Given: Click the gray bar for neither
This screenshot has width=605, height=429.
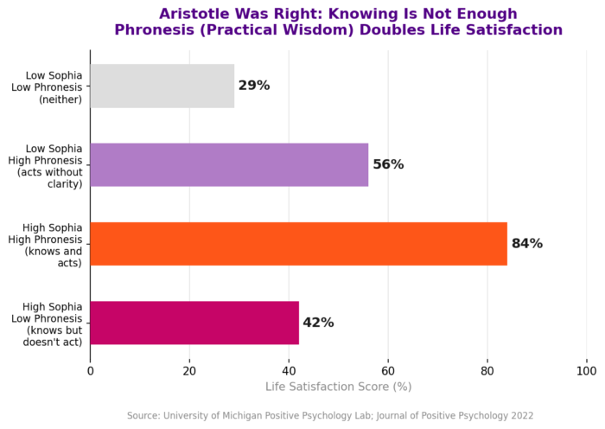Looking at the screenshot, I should coord(162,86).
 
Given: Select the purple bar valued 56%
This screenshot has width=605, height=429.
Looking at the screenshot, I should coord(229,164).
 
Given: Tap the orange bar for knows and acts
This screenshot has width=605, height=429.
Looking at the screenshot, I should coord(298,244).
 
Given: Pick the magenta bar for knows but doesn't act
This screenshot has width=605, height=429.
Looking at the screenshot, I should coord(194,323).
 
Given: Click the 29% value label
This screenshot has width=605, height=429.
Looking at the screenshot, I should coord(254,86).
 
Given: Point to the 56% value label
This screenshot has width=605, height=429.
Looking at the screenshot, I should coord(388,164).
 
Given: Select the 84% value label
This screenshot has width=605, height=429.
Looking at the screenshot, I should coord(527,244).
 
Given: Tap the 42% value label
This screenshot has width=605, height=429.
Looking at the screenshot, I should coord(318,323).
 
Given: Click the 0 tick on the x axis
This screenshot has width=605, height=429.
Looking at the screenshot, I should coord(91,370).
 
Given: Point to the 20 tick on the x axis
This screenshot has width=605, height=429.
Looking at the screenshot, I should coord(189,370).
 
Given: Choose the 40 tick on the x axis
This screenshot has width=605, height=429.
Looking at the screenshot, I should coord(289,370).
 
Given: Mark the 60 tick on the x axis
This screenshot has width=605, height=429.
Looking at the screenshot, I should coord(388,370).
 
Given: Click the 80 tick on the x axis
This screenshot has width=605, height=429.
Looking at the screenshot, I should coord(487,370).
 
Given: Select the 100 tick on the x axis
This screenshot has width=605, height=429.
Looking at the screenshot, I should coord(587,370).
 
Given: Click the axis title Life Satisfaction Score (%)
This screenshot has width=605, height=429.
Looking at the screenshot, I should coord(338,387).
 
